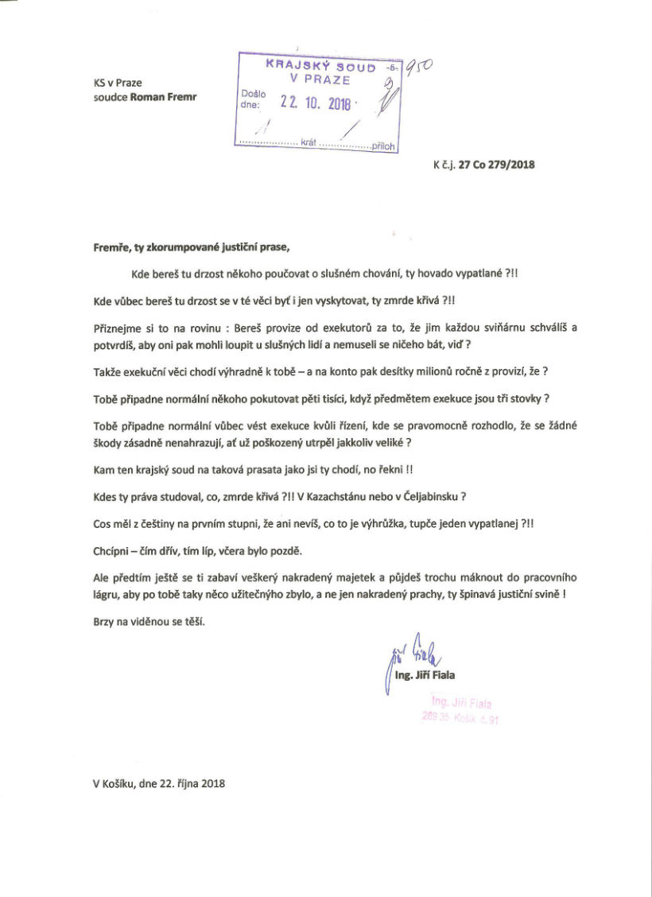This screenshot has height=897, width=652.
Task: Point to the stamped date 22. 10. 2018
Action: coord(309,102)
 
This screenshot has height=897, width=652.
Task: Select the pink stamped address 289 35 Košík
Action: coord(460,718)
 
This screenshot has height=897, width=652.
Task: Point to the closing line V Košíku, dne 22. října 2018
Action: coord(159,783)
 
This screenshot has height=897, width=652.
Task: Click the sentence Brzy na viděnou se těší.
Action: coord(149,623)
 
